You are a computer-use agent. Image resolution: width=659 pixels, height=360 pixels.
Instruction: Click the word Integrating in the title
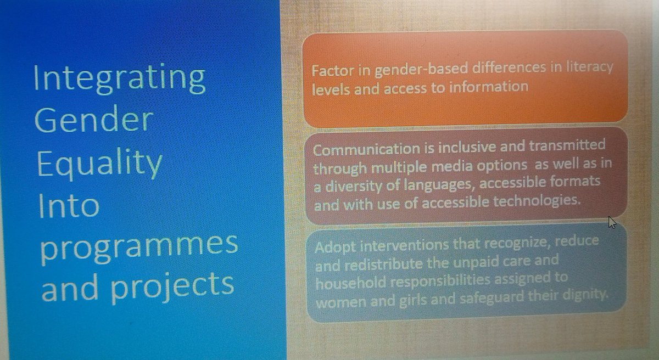click(x=119, y=78)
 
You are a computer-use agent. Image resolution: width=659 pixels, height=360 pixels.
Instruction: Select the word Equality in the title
click(x=99, y=164)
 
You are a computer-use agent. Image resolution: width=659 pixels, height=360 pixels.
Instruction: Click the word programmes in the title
click(x=139, y=245)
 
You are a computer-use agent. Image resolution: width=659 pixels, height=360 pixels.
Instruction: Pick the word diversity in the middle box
click(x=351, y=186)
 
